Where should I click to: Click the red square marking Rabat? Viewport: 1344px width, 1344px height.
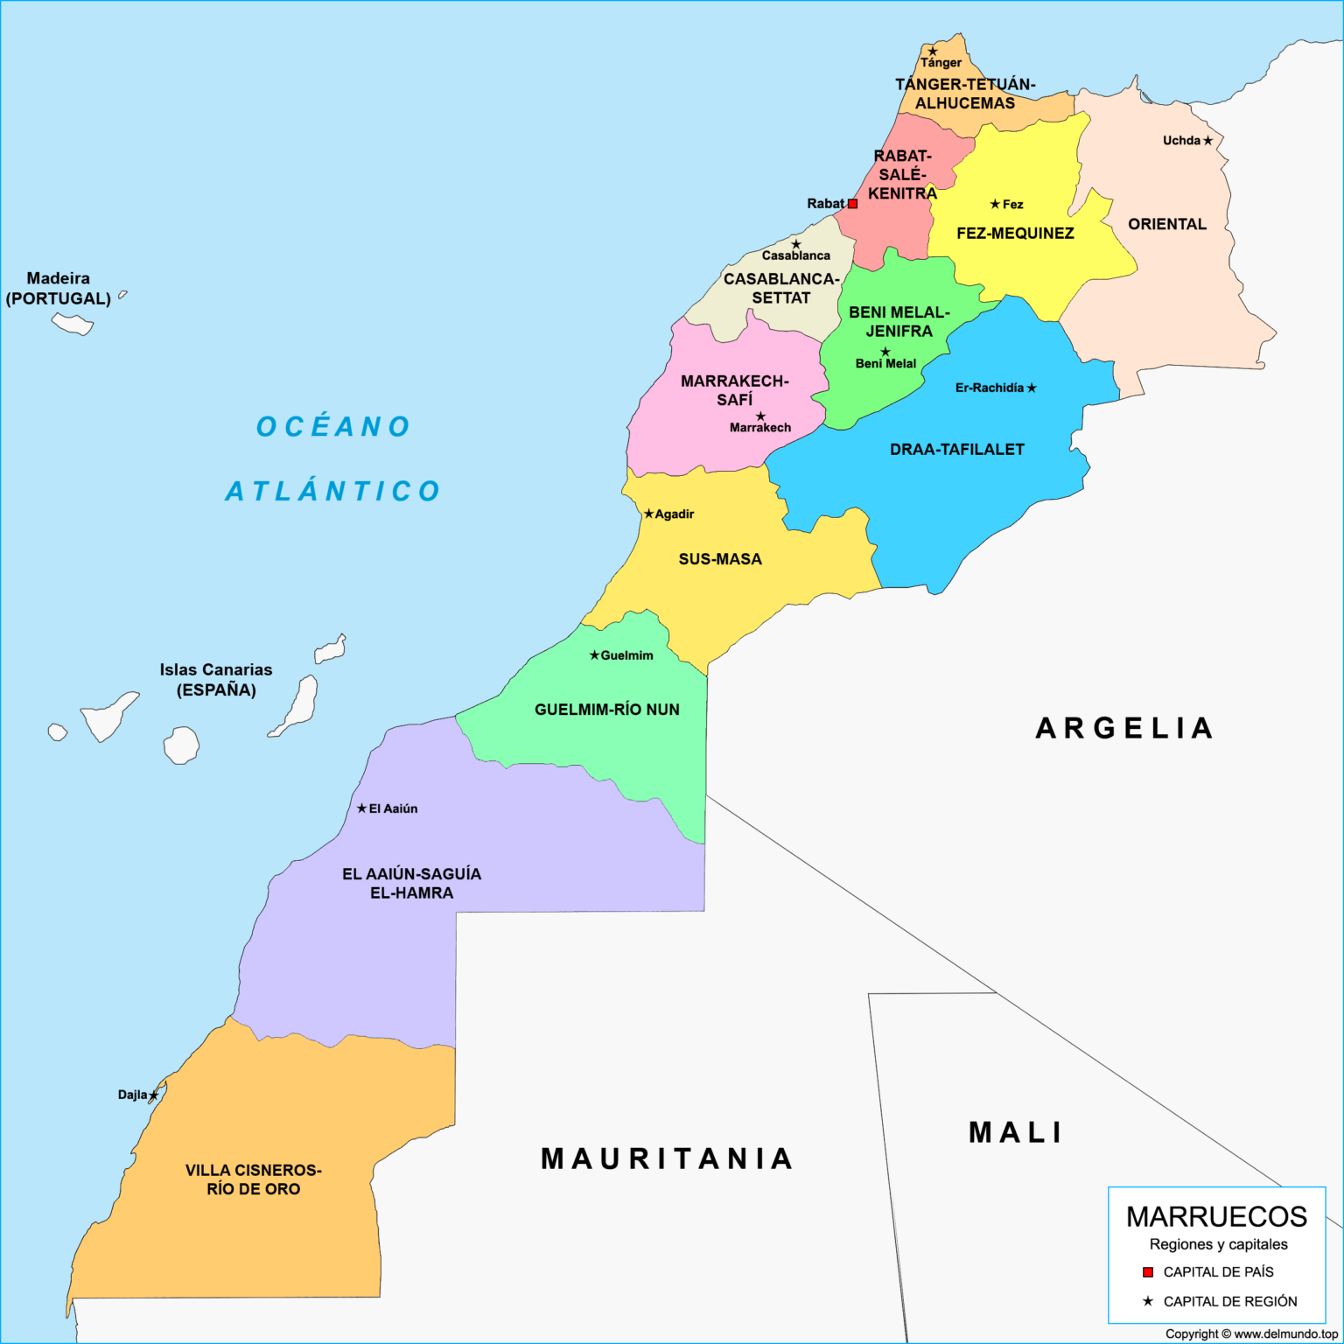click(852, 204)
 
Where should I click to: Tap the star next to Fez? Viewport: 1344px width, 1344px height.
click(995, 204)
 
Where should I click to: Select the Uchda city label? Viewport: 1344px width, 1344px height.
click(1180, 141)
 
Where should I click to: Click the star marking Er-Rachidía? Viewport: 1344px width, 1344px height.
click(1032, 388)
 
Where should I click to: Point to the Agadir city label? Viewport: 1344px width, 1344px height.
click(674, 514)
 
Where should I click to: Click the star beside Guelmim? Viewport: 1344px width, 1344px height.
click(594, 655)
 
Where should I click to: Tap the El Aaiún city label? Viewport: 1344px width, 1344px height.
click(393, 809)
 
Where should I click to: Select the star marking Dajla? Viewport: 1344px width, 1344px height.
click(154, 1095)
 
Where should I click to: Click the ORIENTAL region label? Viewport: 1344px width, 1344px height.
click(1166, 225)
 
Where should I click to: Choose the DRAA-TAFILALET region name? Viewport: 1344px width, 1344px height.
click(956, 450)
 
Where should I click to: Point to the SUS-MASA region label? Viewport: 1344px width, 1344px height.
click(720, 559)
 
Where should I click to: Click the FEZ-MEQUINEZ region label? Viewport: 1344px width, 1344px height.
click(1015, 234)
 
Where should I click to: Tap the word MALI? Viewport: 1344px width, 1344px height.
click(1015, 1133)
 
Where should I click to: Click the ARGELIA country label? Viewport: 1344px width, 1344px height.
click(1124, 728)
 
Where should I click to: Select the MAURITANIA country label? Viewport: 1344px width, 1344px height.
click(667, 1159)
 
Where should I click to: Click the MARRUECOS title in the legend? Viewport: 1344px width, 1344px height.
click(1216, 1217)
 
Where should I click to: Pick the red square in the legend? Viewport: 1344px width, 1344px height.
click(1148, 1272)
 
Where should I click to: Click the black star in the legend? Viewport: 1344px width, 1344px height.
click(1148, 1302)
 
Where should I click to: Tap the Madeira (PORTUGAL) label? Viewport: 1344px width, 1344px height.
click(59, 289)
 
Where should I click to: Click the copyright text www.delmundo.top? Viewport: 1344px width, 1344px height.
click(1250, 1334)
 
